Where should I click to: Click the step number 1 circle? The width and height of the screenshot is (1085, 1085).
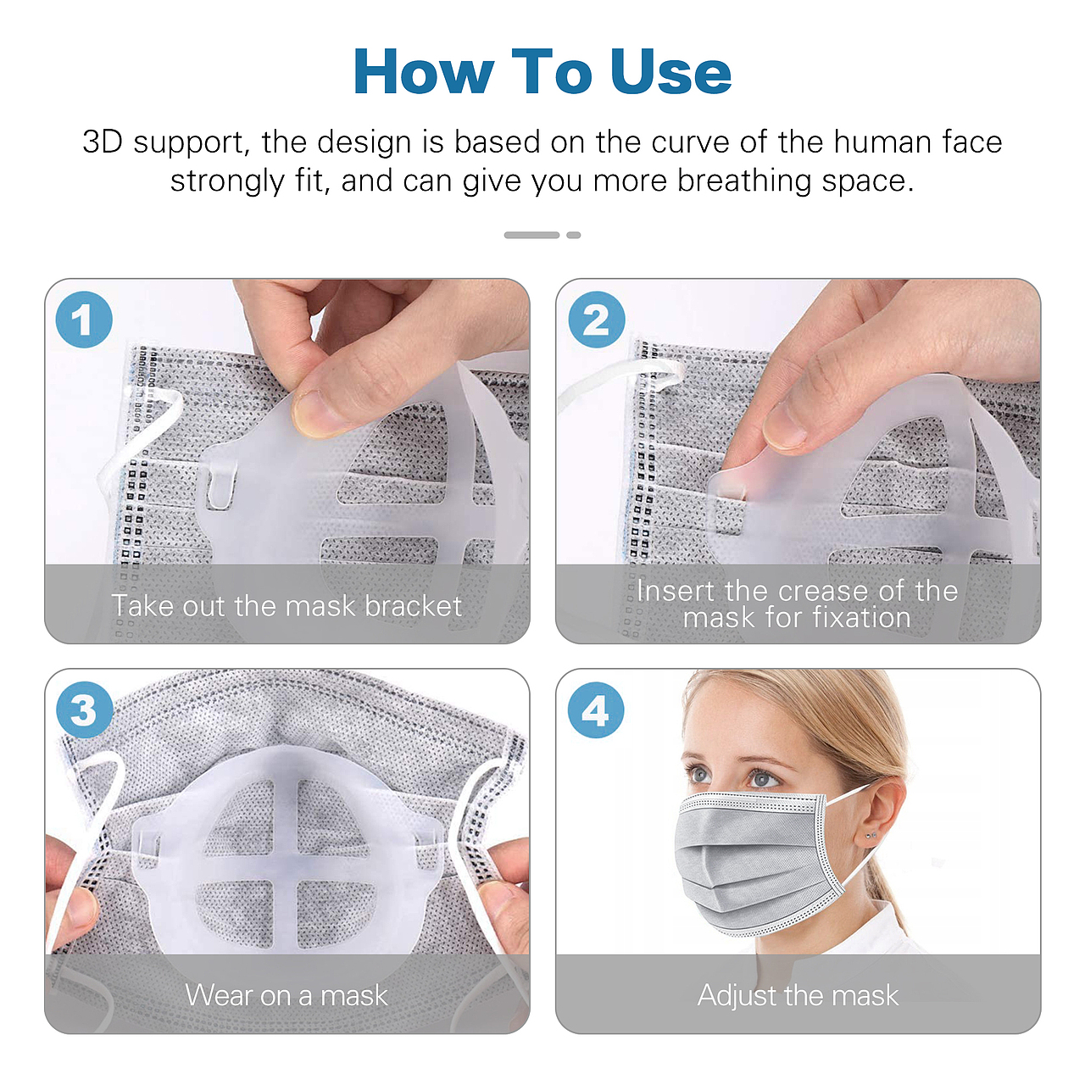click(84, 320)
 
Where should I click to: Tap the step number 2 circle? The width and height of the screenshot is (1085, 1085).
click(596, 320)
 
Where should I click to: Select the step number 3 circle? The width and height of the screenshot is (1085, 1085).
click(84, 709)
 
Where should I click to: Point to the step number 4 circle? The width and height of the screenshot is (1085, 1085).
click(596, 709)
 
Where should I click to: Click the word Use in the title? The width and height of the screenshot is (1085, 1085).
click(670, 71)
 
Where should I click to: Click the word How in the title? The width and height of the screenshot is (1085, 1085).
click(424, 71)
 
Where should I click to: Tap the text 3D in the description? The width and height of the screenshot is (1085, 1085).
click(103, 142)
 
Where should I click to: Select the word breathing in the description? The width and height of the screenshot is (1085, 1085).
click(743, 181)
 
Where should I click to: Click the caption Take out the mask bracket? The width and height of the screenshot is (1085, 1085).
click(287, 606)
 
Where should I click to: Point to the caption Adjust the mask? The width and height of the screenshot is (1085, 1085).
click(798, 995)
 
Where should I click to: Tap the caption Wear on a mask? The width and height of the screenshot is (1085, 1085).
click(287, 995)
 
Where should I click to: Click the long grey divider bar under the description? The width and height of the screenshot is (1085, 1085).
click(531, 235)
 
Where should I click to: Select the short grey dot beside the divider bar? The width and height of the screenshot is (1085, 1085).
click(574, 235)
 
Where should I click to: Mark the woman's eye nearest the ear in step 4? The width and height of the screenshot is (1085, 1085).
click(764, 779)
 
